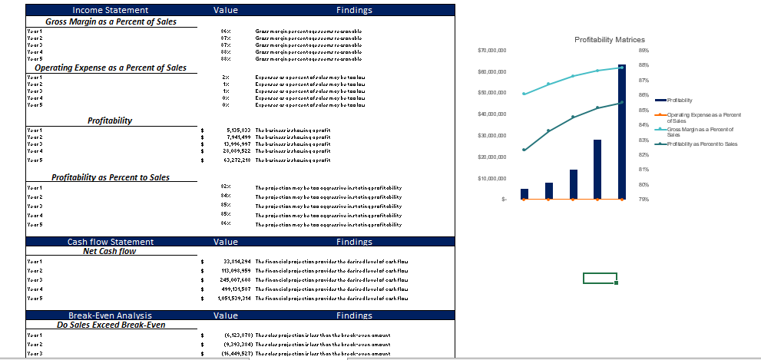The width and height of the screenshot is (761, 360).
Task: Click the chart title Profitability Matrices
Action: pos(609,39)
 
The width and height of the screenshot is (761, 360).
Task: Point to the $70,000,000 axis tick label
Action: pos(491,51)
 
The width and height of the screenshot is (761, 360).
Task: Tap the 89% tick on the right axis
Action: pos(643,51)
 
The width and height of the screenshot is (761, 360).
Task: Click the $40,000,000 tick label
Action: pos(491,114)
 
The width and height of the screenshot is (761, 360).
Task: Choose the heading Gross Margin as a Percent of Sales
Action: pos(111,21)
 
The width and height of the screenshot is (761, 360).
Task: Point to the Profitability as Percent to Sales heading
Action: pos(111,177)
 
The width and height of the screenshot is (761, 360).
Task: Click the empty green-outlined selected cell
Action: pos(600,278)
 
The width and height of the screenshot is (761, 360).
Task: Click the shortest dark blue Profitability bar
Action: pos(524,193)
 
